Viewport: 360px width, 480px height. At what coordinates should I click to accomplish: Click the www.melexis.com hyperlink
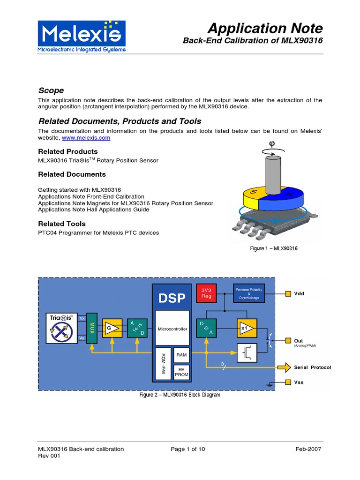(86, 138)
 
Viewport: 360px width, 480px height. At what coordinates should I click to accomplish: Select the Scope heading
(51, 90)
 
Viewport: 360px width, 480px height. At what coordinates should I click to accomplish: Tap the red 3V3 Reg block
(206, 293)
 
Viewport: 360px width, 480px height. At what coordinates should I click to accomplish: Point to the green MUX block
(92, 329)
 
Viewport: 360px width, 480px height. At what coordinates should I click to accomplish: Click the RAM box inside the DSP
(181, 355)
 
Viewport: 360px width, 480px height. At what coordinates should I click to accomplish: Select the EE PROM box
(181, 371)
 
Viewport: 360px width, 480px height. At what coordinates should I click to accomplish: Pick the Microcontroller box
(172, 329)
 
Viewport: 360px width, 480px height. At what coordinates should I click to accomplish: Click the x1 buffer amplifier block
(247, 329)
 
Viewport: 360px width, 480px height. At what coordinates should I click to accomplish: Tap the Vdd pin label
(299, 294)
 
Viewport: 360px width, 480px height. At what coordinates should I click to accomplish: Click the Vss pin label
(299, 382)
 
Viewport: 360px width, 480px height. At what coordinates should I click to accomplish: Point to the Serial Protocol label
(312, 367)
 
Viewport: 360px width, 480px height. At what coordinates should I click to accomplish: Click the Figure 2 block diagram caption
(180, 395)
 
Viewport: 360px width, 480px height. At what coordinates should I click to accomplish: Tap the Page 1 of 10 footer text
(187, 449)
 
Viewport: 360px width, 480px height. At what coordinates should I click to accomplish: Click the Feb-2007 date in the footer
(308, 449)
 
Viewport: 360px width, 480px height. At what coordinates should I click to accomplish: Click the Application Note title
(265, 28)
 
